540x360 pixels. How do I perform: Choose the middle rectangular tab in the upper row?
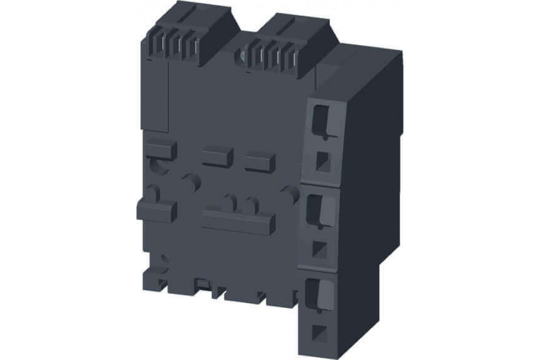(x=217, y=156)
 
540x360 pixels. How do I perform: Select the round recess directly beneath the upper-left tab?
(x=157, y=166)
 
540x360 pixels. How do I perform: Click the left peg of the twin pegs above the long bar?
(x=231, y=201)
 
